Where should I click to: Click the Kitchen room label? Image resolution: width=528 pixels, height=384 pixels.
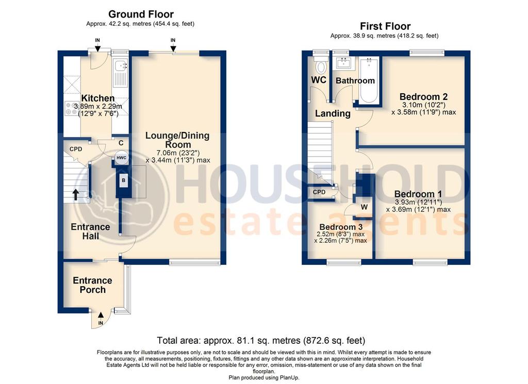(x=97, y=98)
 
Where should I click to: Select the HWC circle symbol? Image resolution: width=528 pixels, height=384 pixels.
(x=121, y=158)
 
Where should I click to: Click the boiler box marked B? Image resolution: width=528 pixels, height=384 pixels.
(x=123, y=181)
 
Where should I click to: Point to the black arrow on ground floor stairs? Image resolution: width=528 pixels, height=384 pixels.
(x=76, y=194)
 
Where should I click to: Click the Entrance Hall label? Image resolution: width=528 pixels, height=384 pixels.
(x=90, y=231)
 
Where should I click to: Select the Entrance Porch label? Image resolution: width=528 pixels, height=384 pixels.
(x=92, y=285)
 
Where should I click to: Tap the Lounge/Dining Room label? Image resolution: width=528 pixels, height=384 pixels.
(x=177, y=140)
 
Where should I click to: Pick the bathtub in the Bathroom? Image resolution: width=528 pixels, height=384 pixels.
(x=368, y=81)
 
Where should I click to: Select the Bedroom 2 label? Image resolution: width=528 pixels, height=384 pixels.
(x=423, y=96)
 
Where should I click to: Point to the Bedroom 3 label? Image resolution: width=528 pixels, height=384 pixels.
(x=340, y=227)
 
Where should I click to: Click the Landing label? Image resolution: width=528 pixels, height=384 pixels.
(x=333, y=113)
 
